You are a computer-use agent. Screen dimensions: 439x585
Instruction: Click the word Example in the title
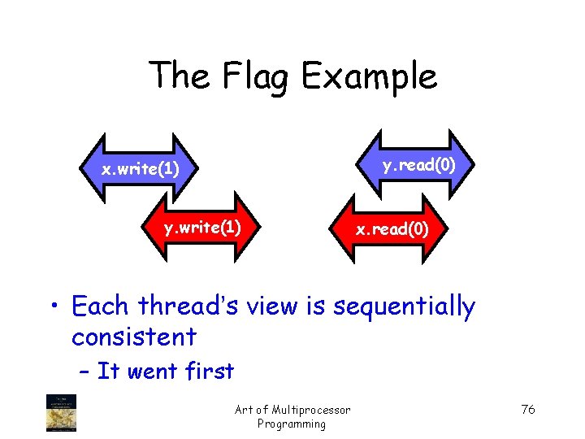[x=369, y=76]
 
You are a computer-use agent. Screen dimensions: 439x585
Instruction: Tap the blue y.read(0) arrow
[x=419, y=166]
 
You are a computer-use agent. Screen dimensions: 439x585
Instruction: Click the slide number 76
[x=528, y=409]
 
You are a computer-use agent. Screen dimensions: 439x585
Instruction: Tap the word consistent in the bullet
[x=134, y=336]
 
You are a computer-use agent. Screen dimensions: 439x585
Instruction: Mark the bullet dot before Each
[x=55, y=308]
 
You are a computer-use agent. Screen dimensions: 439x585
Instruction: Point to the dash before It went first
[x=84, y=372]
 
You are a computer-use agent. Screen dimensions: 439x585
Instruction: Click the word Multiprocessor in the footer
[x=313, y=410]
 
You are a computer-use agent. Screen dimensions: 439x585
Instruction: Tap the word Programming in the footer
[x=291, y=424]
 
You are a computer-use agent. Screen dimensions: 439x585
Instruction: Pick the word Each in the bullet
[x=100, y=306]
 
